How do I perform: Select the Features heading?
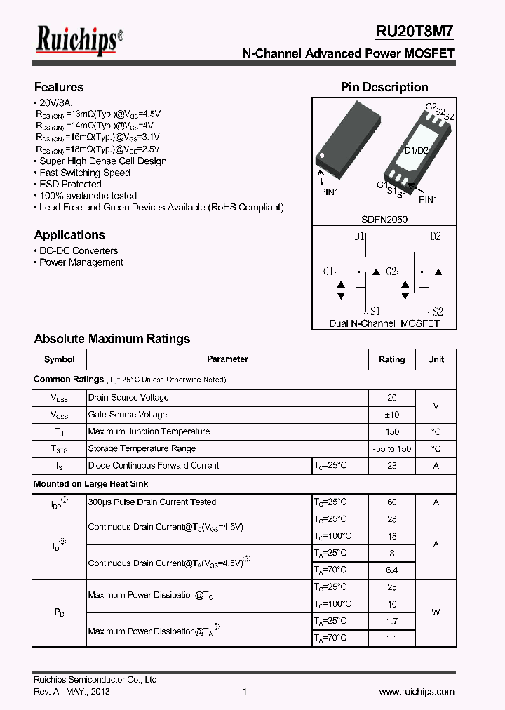(59, 87)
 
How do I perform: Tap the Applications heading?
(69, 235)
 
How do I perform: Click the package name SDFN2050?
(384, 220)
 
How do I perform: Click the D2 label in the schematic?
(435, 236)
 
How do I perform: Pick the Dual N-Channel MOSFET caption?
(384, 323)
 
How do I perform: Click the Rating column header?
(391, 359)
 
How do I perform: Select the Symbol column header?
(59, 359)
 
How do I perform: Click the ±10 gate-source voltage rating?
(391, 415)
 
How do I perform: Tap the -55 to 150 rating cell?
(391, 449)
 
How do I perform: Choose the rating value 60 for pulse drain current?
(391, 502)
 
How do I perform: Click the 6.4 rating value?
(391, 570)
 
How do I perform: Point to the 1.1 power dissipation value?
(391, 638)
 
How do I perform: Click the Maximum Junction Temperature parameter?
(149, 431)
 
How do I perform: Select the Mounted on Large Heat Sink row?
(91, 484)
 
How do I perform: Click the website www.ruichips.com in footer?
(417, 692)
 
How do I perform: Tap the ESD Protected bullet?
(70, 184)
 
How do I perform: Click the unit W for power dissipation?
(436, 612)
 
